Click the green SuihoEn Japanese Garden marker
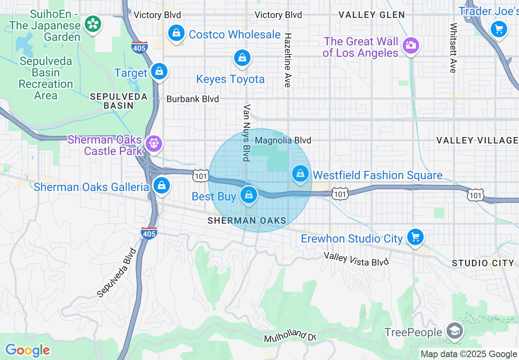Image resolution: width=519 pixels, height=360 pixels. click(x=93, y=24)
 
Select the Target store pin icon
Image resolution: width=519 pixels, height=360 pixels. click(x=159, y=72)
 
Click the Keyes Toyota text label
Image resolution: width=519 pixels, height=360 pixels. click(x=230, y=79)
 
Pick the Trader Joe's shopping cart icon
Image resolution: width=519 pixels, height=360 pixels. click(x=499, y=29)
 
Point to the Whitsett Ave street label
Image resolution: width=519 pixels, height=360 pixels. click(x=453, y=48)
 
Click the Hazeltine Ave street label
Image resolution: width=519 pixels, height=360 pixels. click(x=288, y=60)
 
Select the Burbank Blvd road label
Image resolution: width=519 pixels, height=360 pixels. click(x=192, y=99)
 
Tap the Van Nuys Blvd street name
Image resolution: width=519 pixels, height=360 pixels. click(x=246, y=133)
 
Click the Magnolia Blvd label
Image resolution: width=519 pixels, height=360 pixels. click(x=283, y=140)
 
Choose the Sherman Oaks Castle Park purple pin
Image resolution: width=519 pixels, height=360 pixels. click(x=154, y=143)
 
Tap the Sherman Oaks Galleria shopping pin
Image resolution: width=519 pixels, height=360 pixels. click(x=162, y=186)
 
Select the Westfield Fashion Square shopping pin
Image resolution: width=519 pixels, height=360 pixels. click(x=301, y=174)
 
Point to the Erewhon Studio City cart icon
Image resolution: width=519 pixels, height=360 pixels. click(x=415, y=237)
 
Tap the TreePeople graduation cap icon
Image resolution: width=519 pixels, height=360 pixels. click(x=454, y=331)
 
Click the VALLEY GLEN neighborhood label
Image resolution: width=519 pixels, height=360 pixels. click(x=372, y=15)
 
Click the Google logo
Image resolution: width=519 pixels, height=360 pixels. click(x=27, y=350)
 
